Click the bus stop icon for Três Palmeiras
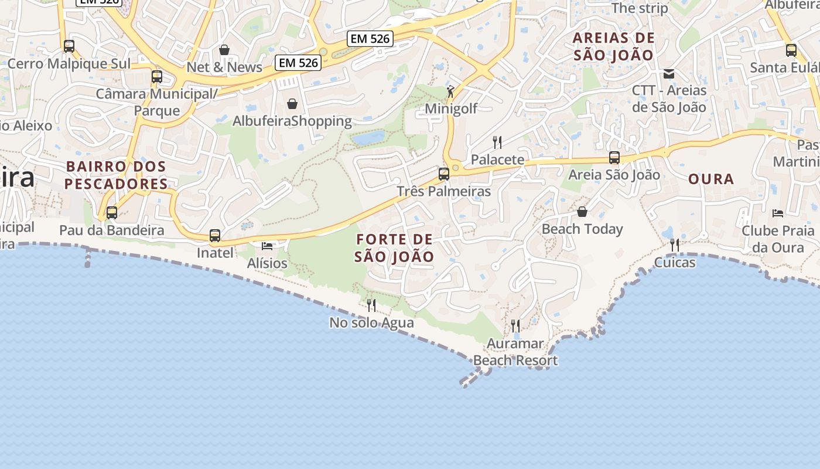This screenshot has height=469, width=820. point(444,174)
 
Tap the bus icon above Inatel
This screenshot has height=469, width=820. point(215,236)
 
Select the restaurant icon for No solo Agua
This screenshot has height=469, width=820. point(371,305)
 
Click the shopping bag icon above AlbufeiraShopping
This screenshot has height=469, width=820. point(292,104)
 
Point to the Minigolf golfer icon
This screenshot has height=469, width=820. point(450,91)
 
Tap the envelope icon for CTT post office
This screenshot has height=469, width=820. point(669,74)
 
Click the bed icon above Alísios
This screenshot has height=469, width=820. point(267,246)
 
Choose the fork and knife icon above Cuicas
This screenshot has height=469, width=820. point(675,244)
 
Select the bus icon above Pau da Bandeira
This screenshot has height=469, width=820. point(112,213)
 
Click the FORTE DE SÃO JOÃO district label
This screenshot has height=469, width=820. point(394,248)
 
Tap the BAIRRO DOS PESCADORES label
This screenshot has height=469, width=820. point(116,175)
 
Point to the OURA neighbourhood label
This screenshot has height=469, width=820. point(711,179)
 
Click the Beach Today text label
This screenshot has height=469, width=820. point(582,229)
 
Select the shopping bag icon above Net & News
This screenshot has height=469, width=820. point(224,50)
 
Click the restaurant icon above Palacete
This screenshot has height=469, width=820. point(497,142)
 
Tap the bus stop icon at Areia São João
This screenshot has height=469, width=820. point(614,157)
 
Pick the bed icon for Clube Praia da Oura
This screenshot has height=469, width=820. point(778,213)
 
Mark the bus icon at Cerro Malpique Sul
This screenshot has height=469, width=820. point(69,46)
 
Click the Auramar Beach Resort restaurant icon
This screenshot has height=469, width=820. point(515,325)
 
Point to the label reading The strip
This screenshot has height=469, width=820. point(640,8)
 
